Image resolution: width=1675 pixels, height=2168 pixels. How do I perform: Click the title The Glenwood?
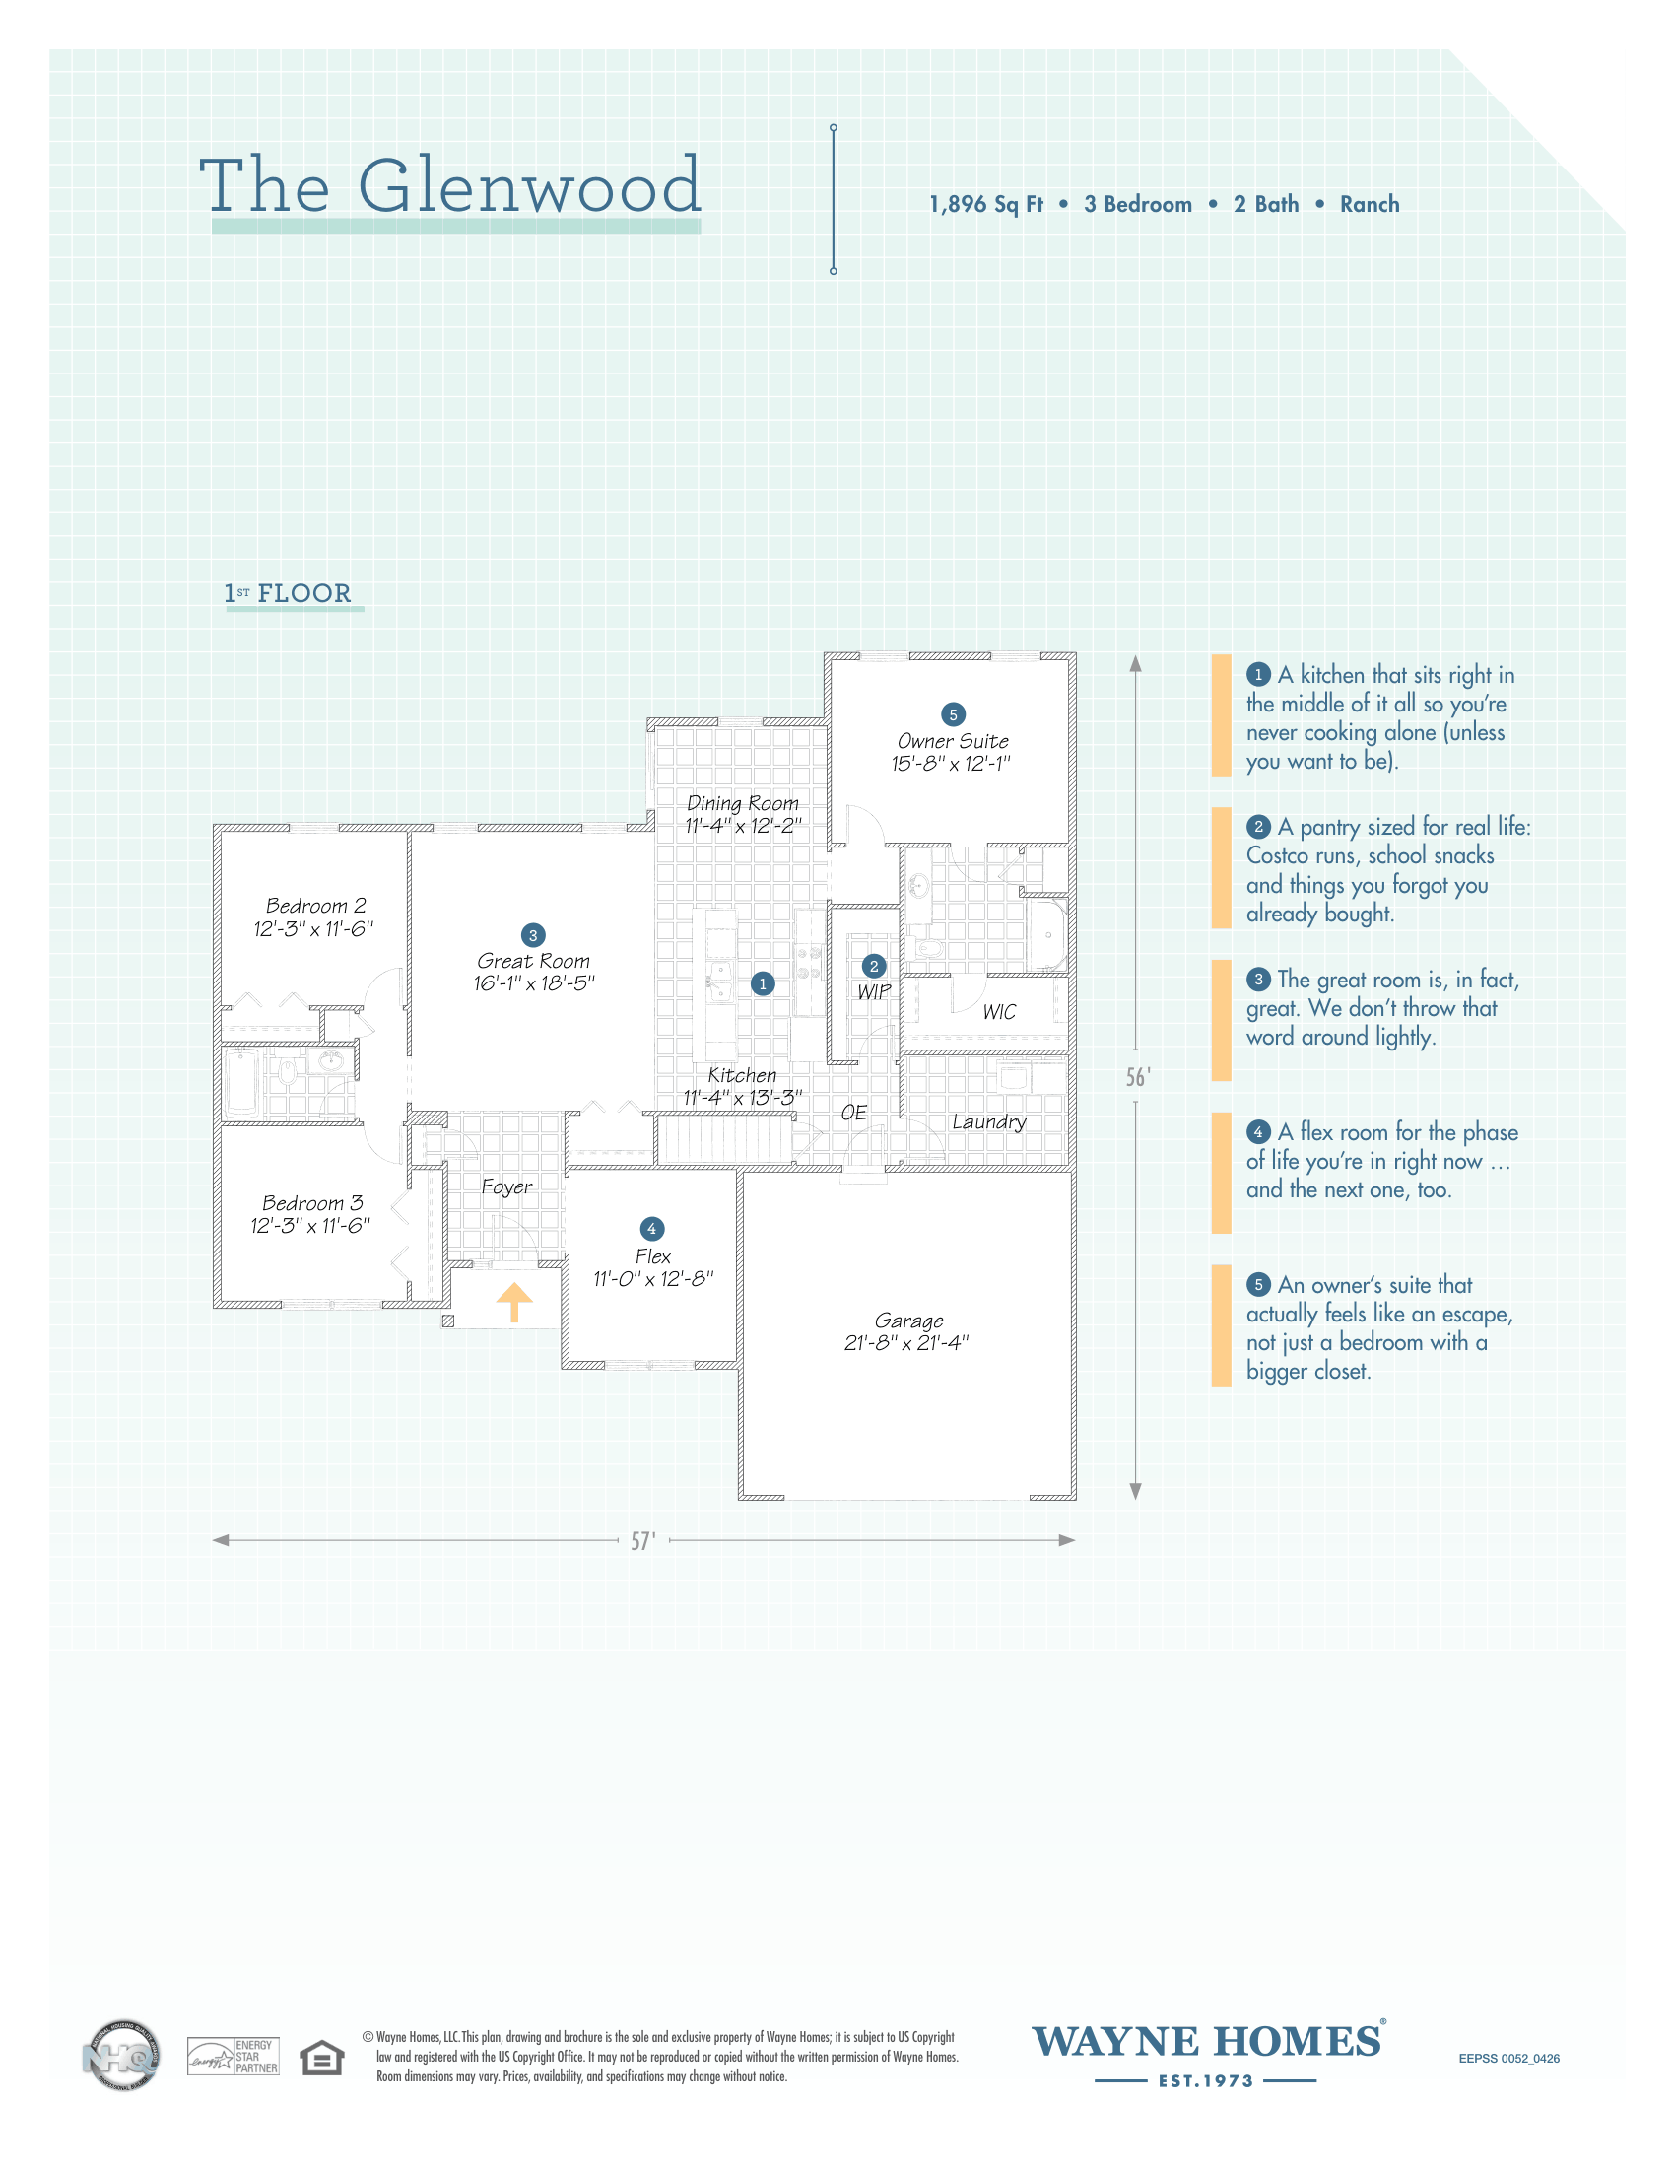pyautogui.click(x=449, y=185)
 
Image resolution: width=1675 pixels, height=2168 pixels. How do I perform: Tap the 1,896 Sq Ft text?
pyautogui.click(x=985, y=205)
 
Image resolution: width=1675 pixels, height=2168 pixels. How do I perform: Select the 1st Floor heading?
pyautogui.click(x=288, y=593)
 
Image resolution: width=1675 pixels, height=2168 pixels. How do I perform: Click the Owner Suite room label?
pyautogui.click(x=953, y=740)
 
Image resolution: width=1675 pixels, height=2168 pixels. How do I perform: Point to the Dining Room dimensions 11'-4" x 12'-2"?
pyautogui.click(x=743, y=825)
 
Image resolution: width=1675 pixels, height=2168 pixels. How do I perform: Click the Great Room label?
pyautogui.click(x=534, y=961)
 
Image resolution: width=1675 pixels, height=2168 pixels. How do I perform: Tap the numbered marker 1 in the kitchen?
pyautogui.click(x=762, y=983)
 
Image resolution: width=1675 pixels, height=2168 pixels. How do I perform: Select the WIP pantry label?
pyautogui.click(x=874, y=991)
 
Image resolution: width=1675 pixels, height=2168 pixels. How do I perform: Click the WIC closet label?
pyautogui.click(x=999, y=1011)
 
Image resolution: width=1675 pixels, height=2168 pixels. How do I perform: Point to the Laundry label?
pyautogui.click(x=989, y=1121)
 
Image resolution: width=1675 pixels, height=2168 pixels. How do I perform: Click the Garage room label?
pyautogui.click(x=909, y=1321)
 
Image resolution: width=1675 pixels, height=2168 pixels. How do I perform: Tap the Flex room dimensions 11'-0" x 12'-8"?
pyautogui.click(x=654, y=1278)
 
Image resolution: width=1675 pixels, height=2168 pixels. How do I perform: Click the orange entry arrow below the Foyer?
pyautogui.click(x=514, y=1302)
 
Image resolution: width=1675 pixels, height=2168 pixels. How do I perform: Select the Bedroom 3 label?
pyautogui.click(x=312, y=1203)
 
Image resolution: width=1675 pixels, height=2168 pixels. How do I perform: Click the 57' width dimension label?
pyautogui.click(x=643, y=1540)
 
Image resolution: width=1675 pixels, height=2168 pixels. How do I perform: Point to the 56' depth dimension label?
pyautogui.click(x=1138, y=1078)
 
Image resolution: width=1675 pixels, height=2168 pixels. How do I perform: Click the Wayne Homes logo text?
pyautogui.click(x=1208, y=2042)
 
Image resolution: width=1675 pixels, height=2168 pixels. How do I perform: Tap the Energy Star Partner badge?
pyautogui.click(x=234, y=2057)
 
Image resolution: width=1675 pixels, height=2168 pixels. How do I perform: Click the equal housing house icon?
pyautogui.click(x=322, y=2058)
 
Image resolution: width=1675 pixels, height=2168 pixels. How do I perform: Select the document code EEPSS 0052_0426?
pyautogui.click(x=1508, y=2059)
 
